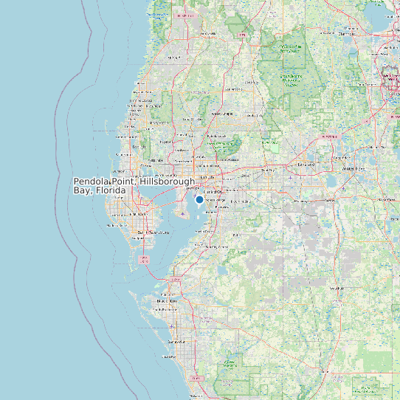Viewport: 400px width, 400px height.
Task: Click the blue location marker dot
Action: point(199,199)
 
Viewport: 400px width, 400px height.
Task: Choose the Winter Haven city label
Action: point(352,169)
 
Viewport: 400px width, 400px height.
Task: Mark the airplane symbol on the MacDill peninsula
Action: point(183,214)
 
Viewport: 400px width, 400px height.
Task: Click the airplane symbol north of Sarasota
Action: point(173,325)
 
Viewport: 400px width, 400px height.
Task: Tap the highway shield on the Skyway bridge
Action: point(145,259)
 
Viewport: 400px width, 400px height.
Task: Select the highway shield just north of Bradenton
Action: point(176,280)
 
